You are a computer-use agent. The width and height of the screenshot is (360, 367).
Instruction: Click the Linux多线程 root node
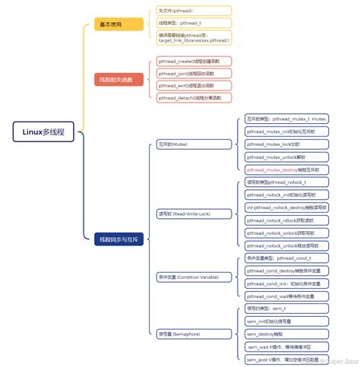pos(38,131)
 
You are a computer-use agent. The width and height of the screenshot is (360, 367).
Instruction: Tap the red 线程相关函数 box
pos(116,79)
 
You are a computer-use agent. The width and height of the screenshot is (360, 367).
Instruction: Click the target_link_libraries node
pos(194,37)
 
